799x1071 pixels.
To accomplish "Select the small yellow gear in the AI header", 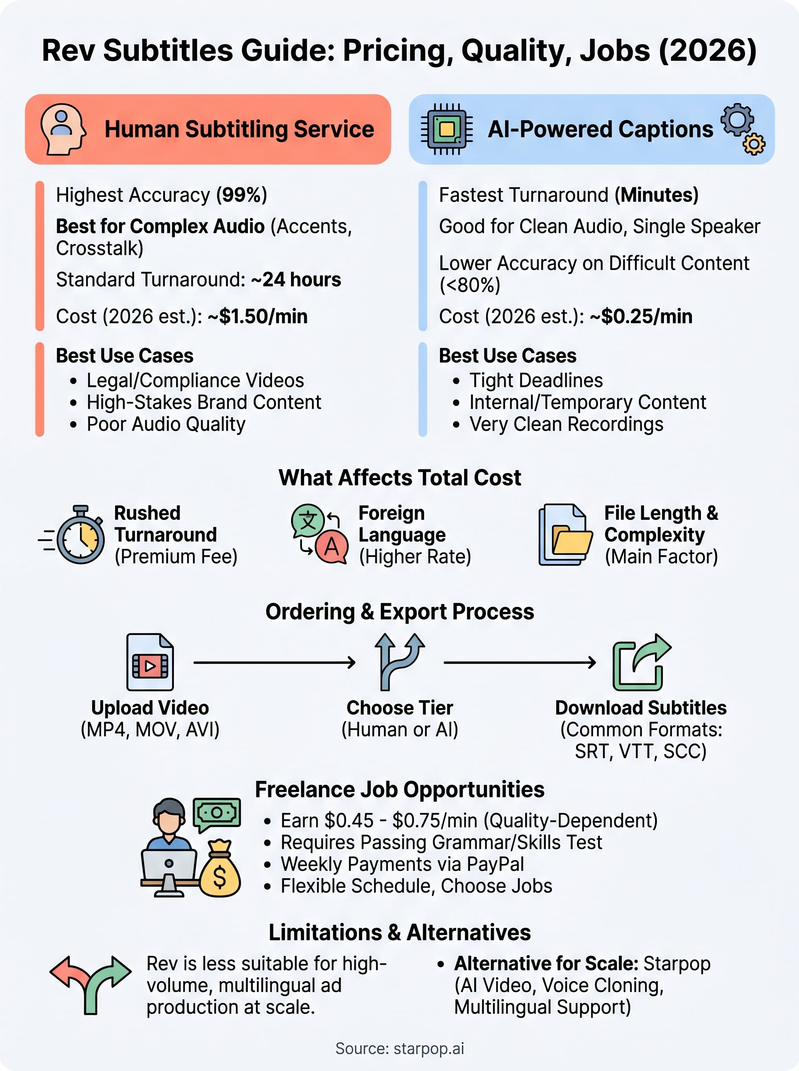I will click(x=754, y=144).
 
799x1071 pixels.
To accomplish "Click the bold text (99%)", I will click(x=241, y=195).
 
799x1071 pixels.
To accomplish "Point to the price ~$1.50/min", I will click(x=257, y=316).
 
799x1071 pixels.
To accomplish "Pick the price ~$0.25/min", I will click(x=641, y=316).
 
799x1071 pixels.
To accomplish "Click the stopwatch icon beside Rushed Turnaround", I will click(x=78, y=535).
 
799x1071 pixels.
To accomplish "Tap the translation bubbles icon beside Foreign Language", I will click(x=319, y=534).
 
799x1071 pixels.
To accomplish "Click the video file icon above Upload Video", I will click(x=150, y=662).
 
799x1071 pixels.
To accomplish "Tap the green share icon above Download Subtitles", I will click(x=641, y=662).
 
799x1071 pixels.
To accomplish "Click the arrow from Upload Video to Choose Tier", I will click(x=274, y=662).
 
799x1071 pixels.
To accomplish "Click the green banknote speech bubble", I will click(x=217, y=814).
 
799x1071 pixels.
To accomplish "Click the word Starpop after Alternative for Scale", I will click(x=677, y=963).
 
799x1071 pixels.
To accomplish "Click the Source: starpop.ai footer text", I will click(x=399, y=1048).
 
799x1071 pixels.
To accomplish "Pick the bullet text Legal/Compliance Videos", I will click(x=195, y=380).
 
